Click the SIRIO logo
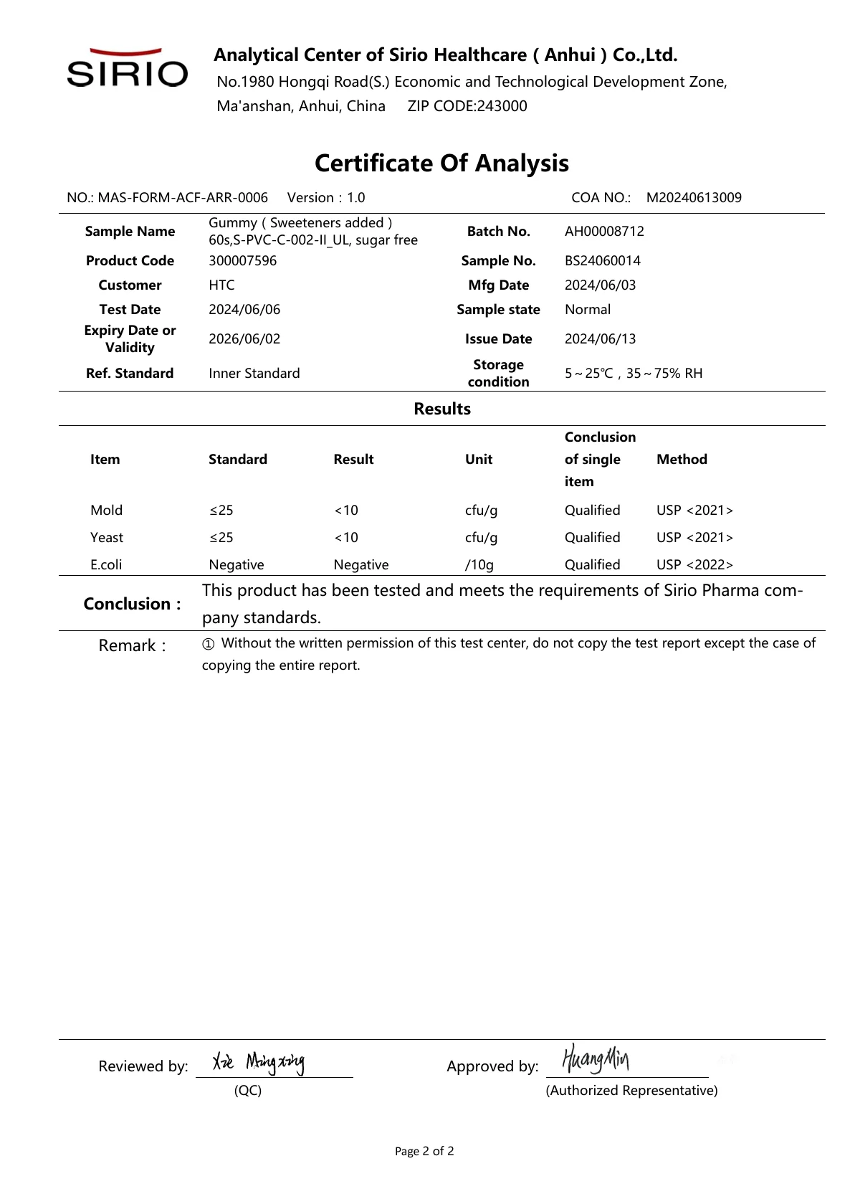(x=127, y=69)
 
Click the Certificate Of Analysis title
(x=441, y=163)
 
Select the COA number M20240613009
(x=694, y=198)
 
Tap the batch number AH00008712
(x=604, y=232)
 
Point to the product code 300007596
(x=242, y=261)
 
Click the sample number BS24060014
(x=602, y=261)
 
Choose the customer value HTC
(x=221, y=285)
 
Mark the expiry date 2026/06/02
(x=244, y=339)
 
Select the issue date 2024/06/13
(x=600, y=339)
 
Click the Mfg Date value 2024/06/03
(x=600, y=285)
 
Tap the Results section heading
(x=442, y=409)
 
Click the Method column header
(x=682, y=460)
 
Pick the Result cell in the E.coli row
(x=360, y=565)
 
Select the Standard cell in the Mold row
(x=221, y=511)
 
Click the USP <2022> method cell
(x=694, y=565)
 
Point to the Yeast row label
(x=107, y=538)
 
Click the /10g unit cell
(x=479, y=565)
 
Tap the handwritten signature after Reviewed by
(x=259, y=1062)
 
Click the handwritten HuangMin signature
(x=596, y=1059)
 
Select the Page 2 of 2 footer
(x=424, y=1152)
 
